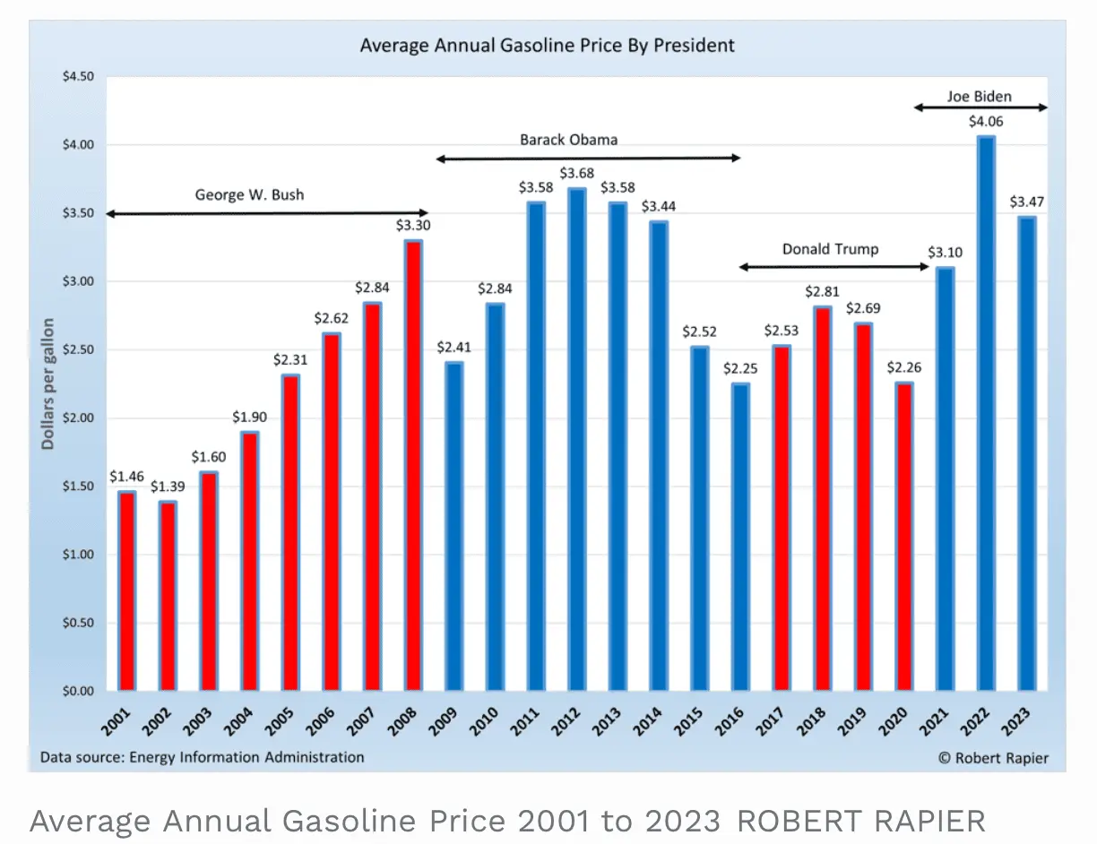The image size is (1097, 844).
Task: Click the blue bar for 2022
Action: click(x=986, y=412)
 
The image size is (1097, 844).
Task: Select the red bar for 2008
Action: click(x=413, y=466)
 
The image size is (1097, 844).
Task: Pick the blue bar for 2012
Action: click(x=576, y=439)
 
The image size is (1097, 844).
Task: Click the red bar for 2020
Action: click(x=903, y=538)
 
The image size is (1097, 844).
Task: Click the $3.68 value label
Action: click(x=576, y=172)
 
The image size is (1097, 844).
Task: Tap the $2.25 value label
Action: click(x=739, y=368)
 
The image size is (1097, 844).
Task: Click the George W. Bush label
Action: click(x=249, y=194)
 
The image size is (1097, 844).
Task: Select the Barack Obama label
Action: click(x=568, y=140)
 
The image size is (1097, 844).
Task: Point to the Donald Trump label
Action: click(x=830, y=249)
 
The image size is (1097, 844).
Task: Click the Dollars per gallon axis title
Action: click(x=48, y=383)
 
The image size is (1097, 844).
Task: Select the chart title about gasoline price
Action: click(x=548, y=45)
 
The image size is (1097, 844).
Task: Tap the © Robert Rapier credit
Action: click(x=993, y=758)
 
